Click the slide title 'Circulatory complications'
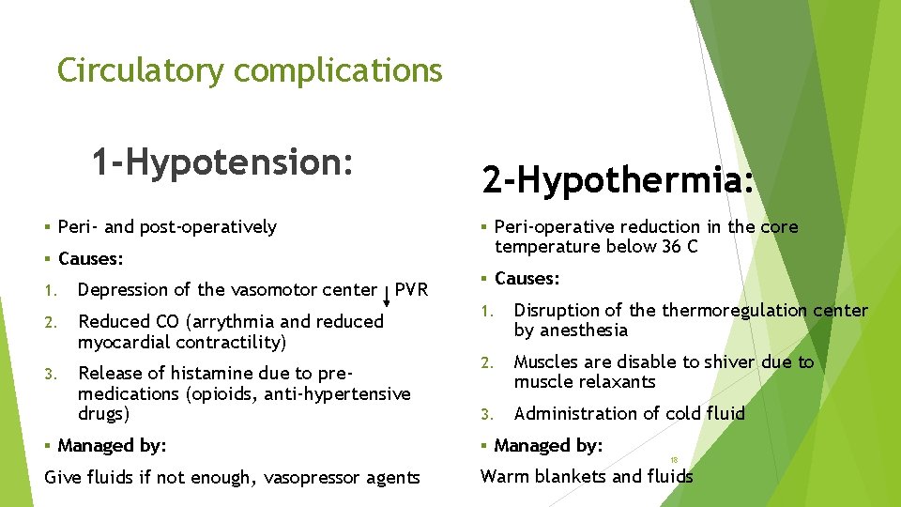(249, 70)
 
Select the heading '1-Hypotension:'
(222, 161)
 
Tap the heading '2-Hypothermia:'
(618, 177)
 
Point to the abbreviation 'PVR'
(411, 289)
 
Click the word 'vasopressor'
(313, 478)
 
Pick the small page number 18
(674, 460)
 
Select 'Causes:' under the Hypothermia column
(527, 278)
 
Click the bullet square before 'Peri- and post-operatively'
(48, 227)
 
